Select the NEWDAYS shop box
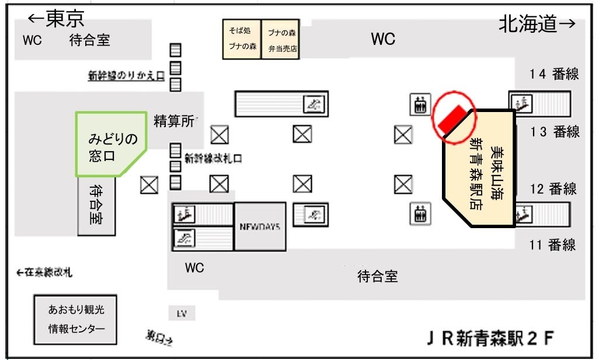(x=260, y=226)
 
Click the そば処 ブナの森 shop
(x=241, y=40)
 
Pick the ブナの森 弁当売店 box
(x=281, y=40)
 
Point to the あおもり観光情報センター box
(x=76, y=319)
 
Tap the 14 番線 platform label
(x=553, y=74)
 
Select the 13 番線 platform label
(x=554, y=132)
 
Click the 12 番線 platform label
(x=553, y=188)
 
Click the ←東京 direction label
(x=56, y=19)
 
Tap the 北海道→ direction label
(x=537, y=24)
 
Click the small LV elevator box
(x=182, y=313)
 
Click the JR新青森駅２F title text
(x=489, y=338)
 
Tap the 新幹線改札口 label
(x=213, y=158)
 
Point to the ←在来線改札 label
(x=46, y=272)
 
